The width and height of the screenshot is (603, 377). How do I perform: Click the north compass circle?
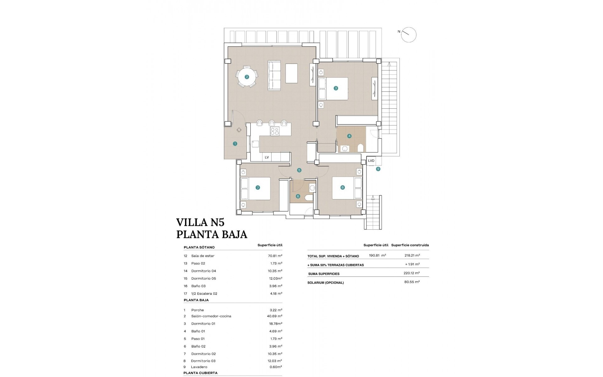coord(409,35)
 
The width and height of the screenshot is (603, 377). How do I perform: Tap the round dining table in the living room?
coord(247,77)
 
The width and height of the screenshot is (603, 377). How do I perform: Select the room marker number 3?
coord(336,88)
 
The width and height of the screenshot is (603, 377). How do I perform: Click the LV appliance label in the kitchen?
coord(267,157)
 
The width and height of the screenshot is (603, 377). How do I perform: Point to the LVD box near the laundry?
coord(371,161)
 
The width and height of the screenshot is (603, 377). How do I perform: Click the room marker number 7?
coord(258,188)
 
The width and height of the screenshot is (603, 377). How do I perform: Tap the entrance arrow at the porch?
coord(239,129)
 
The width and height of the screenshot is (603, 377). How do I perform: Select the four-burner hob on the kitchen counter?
coord(274,131)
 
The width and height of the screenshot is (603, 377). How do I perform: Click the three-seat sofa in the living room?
coord(274,76)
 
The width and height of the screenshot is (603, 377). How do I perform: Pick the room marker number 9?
coord(378,169)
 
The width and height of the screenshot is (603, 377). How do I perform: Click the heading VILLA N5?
coord(200,222)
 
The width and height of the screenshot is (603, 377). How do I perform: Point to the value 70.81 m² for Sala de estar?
coord(275,256)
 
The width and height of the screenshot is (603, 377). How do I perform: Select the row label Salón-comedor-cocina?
coord(211,316)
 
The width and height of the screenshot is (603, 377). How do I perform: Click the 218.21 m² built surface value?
coord(412,255)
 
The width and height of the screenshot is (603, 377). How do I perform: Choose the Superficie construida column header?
coord(410,245)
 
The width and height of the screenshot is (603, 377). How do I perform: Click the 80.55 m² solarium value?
coord(412,282)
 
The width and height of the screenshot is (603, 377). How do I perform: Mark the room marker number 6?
coord(298,196)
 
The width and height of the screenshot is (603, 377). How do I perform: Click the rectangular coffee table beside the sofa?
coord(291,74)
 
